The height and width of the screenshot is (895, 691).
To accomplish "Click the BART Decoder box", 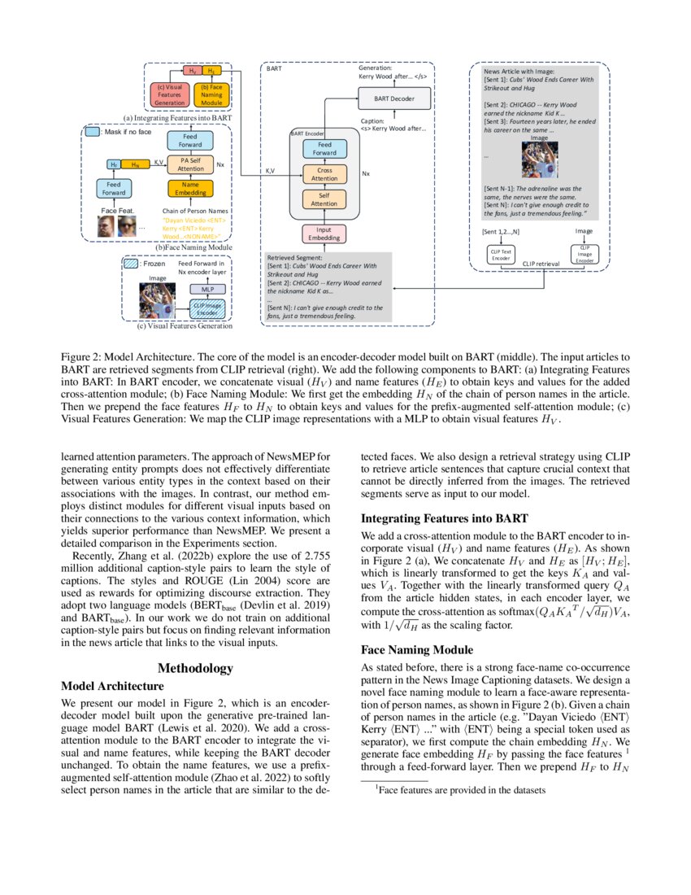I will pos(392,98).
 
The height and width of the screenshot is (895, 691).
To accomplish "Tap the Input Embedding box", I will pos(324,234).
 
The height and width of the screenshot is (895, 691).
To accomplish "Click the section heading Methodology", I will pos(195,668).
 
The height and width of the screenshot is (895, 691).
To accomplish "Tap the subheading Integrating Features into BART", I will pos(444,518).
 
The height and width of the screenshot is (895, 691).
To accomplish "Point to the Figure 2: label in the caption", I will pos(87,356).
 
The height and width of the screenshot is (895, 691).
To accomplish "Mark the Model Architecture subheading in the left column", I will pos(112,686).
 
